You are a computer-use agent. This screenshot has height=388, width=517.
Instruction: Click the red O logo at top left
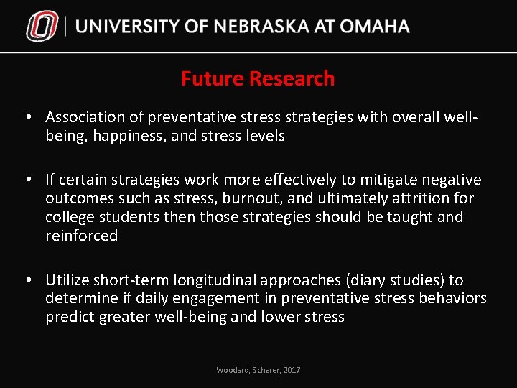(x=41, y=27)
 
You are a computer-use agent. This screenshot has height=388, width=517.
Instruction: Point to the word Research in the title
(x=290, y=78)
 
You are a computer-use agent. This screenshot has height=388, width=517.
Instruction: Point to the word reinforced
(x=81, y=236)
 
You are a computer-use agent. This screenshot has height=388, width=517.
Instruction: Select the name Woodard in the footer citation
(x=233, y=370)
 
